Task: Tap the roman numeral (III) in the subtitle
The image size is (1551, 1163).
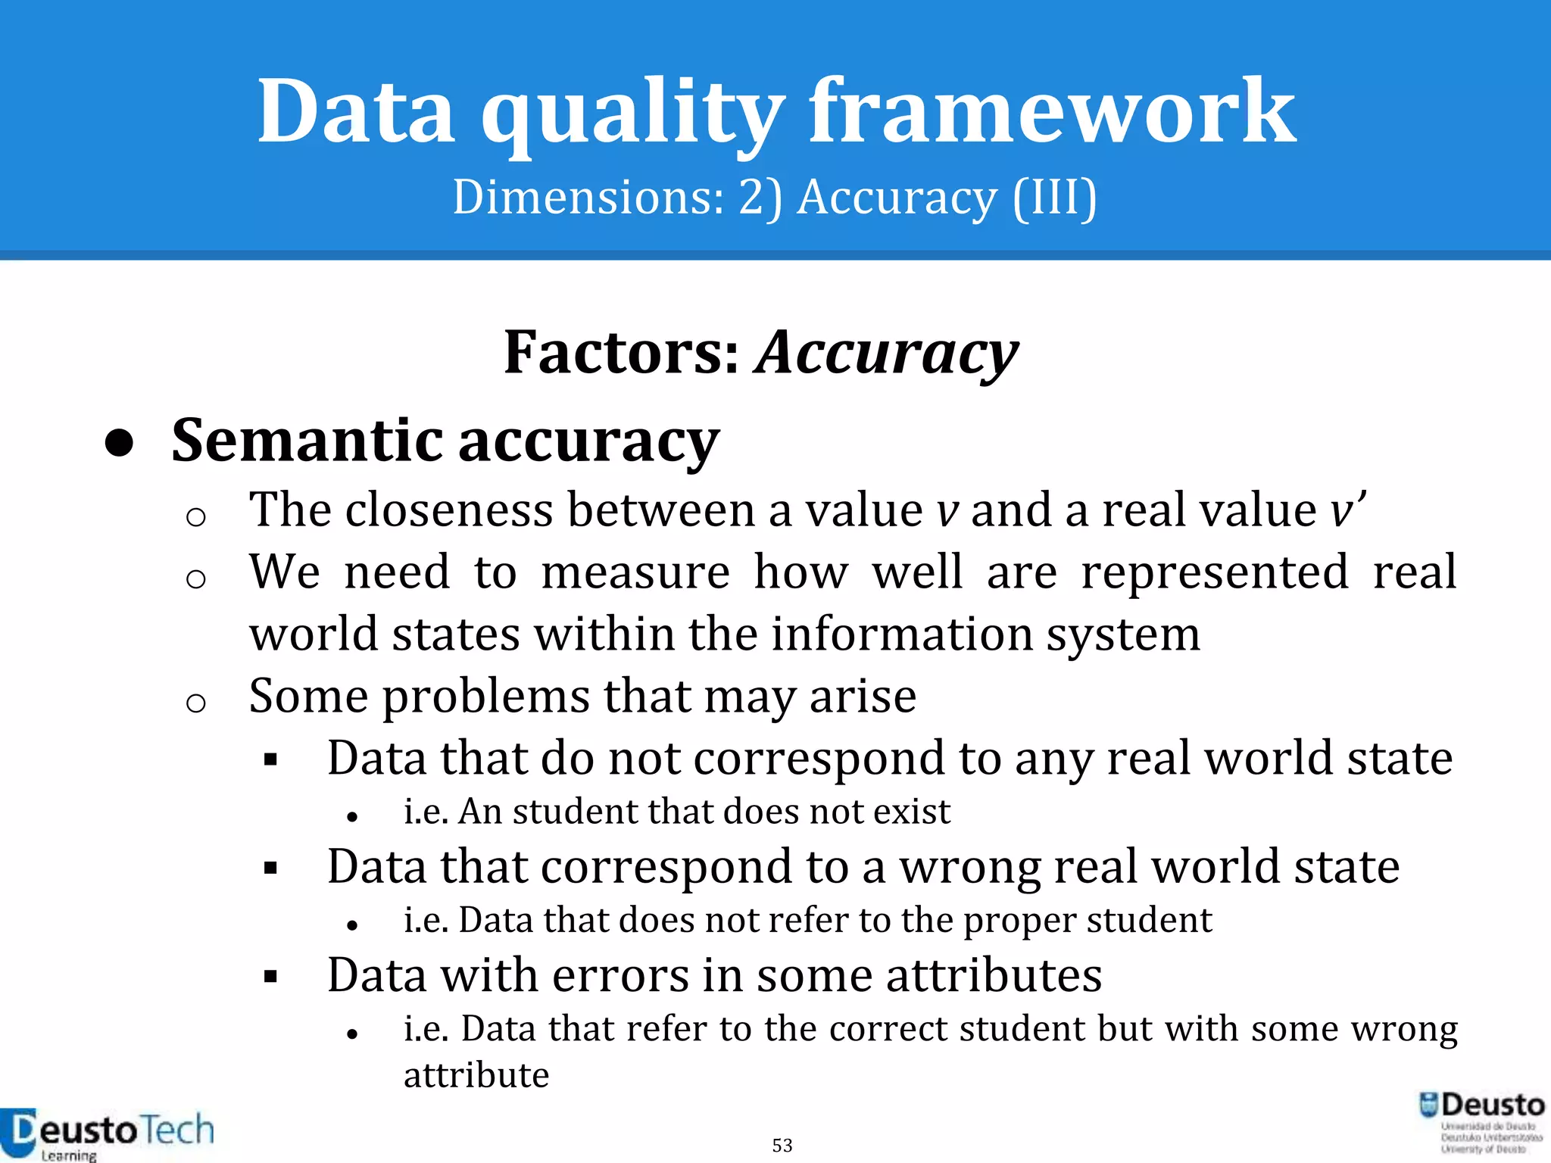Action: [1054, 198]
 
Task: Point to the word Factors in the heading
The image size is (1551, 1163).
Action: [621, 353]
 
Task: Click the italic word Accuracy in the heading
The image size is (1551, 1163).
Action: [887, 354]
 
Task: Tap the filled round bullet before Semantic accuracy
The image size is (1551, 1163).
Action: [120, 444]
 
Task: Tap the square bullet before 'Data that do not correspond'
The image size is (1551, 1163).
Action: [270, 759]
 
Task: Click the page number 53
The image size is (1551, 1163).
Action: [782, 1145]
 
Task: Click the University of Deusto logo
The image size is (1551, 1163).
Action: [1481, 1122]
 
